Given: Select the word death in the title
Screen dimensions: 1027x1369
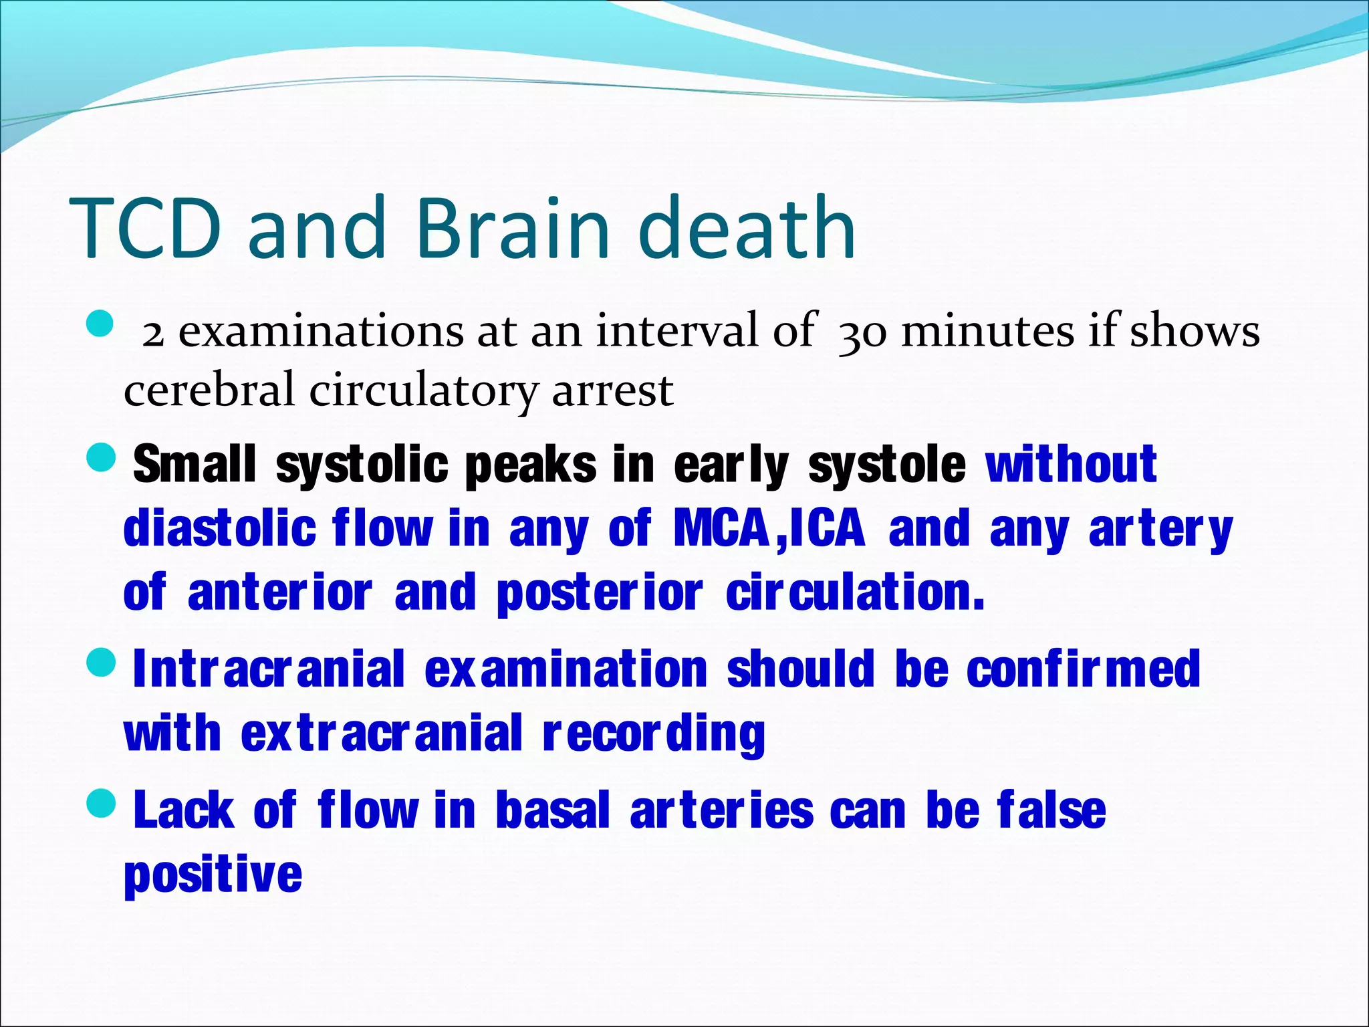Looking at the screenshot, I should click(747, 229).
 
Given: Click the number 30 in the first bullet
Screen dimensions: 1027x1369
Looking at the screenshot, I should click(862, 332).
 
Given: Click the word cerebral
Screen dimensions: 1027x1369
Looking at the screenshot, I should click(209, 392).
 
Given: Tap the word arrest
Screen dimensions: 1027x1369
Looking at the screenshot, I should click(612, 392).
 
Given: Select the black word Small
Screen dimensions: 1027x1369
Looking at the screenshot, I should click(195, 464).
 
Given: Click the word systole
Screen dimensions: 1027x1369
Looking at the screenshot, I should click(886, 465).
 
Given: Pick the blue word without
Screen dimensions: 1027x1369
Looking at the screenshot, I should click(1072, 464).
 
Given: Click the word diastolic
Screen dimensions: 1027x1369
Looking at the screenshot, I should click(220, 528).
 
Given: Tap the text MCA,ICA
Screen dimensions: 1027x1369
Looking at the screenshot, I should click(769, 528).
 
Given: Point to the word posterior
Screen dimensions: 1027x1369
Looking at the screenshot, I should click(599, 594).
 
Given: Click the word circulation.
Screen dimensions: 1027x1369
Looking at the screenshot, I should click(855, 592).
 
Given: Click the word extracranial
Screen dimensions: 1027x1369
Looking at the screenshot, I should click(381, 733).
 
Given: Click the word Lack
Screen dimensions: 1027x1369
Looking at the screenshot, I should click(184, 810).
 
